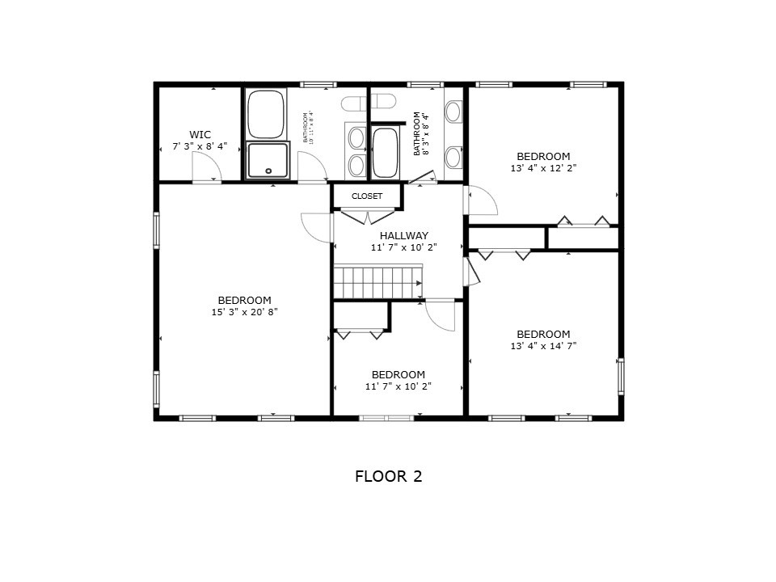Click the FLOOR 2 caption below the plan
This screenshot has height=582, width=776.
(388, 476)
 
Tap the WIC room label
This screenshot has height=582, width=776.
(200, 134)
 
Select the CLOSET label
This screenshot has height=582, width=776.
(367, 196)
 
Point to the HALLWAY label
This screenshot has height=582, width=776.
(404, 236)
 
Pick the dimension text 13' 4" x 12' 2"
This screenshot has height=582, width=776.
(543, 168)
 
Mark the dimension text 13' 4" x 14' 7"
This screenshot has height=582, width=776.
(543, 346)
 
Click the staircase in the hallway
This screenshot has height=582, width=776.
(377, 283)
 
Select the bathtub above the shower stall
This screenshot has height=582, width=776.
(265, 114)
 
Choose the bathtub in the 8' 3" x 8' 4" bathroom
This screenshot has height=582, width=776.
(385, 153)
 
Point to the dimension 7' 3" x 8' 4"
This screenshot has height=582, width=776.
(200, 146)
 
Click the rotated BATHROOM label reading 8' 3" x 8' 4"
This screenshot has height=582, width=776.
(421, 133)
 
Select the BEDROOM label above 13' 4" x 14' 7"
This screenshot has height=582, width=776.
(543, 334)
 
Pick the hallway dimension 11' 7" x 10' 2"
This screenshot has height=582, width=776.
(403, 247)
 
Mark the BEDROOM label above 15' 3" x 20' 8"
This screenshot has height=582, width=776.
(244, 300)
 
